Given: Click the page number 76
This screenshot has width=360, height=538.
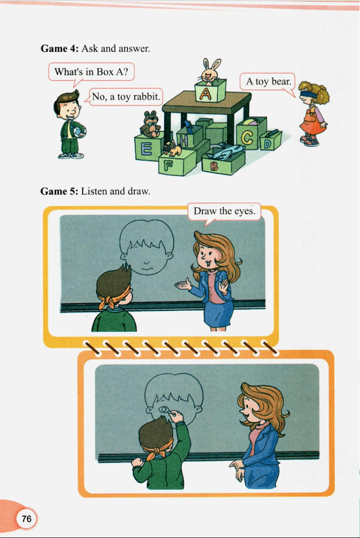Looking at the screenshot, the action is pos(26,518).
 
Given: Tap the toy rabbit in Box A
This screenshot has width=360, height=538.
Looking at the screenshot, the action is pos(210,71).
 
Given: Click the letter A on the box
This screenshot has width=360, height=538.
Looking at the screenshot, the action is pos(206,93).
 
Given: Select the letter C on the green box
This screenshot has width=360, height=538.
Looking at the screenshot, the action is pos(247,139).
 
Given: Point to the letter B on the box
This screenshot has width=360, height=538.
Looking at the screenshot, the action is pos(214,166).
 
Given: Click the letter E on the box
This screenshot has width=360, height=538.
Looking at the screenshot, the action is pos(146,149).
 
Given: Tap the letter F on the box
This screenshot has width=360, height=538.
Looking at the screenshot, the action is pos(168,166).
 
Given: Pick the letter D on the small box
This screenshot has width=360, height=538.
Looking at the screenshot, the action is pos(267,144).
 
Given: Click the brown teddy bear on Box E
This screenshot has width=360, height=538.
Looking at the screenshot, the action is pos(150,124).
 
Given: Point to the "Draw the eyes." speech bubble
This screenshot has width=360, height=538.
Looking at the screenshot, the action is pos(224,212).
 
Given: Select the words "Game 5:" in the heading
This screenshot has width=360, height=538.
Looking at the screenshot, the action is pos(59,191).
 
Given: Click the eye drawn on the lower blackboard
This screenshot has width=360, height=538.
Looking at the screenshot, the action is pos(165,409).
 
